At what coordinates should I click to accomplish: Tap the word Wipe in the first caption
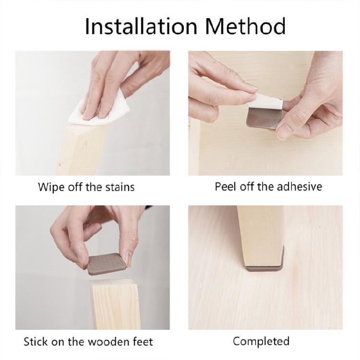click(50, 187)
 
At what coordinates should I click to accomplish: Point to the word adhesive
click(298, 186)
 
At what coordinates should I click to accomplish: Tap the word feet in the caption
click(142, 342)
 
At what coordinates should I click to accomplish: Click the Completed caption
click(261, 341)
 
